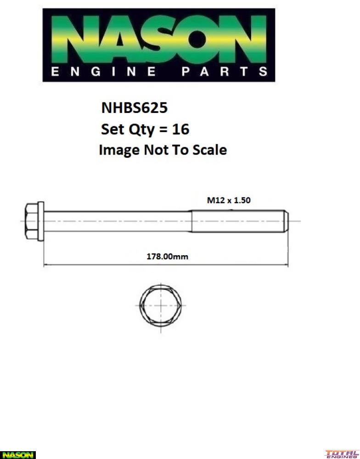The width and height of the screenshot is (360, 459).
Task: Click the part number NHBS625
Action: click(x=134, y=108)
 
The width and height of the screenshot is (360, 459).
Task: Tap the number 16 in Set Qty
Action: click(x=180, y=129)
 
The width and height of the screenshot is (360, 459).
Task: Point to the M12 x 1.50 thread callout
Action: click(x=228, y=200)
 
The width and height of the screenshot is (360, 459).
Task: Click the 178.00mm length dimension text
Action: click(x=167, y=257)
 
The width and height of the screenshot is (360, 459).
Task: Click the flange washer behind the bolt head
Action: click(x=41, y=221)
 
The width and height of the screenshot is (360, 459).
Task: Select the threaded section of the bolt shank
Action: click(x=236, y=221)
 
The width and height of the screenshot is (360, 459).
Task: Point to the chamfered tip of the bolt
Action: click(x=286, y=221)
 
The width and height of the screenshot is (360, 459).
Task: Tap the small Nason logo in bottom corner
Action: click(x=17, y=454)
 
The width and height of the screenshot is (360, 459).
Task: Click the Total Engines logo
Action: click(x=342, y=454)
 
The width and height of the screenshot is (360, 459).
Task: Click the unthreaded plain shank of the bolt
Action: click(x=117, y=221)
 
